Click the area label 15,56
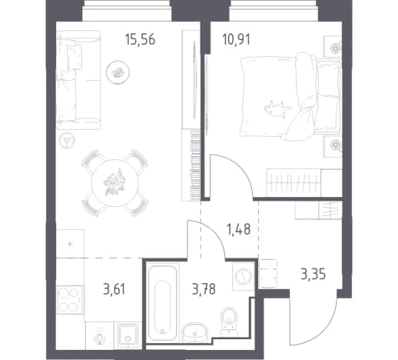pyautogui.click(x=140, y=40)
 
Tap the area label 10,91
pyautogui.click(x=237, y=40)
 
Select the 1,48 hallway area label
pyautogui.click(x=239, y=229)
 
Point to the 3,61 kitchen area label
pyautogui.click(x=114, y=289)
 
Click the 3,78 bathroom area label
pyautogui.click(x=204, y=289)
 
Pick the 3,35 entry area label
pyautogui.click(x=313, y=275)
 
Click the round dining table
pyautogui.click(x=115, y=183)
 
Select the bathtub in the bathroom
pyautogui.click(x=162, y=300)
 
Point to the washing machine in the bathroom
pyautogui.click(x=243, y=276)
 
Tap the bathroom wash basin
pyautogui.click(x=195, y=332)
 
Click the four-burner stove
pyautogui.click(x=69, y=299)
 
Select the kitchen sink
pyautogui.click(x=128, y=335)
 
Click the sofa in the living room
pyautogui.click(x=78, y=80)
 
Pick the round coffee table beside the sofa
pyautogui.click(x=118, y=72)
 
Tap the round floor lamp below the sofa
pyautogui.click(x=67, y=140)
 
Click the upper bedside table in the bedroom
pyautogui.click(x=333, y=47)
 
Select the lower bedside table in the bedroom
pyautogui.click(x=333, y=145)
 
